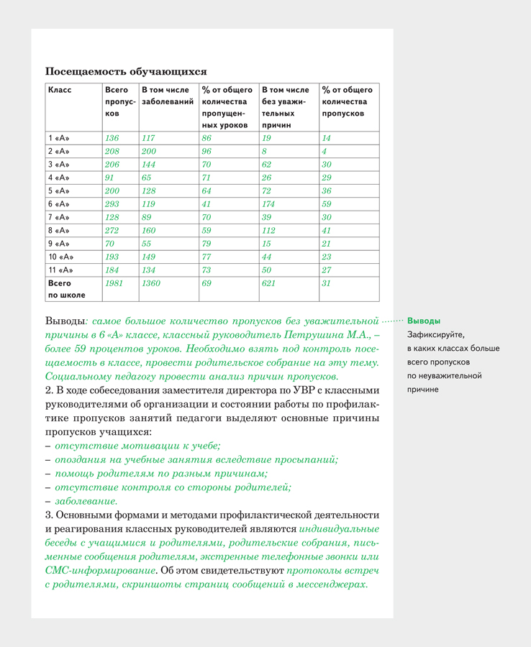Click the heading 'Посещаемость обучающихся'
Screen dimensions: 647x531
pos(126,71)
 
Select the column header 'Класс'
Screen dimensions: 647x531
pos(60,91)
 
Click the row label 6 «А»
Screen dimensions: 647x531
pos(59,204)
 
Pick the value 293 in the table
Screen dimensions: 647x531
pos(112,204)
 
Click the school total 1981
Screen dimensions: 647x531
pos(114,284)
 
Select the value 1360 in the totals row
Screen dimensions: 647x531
pos(152,284)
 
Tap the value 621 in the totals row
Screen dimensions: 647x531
pos(270,284)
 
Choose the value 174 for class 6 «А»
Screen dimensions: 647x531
pos(270,204)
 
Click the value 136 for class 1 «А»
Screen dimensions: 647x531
pos(112,138)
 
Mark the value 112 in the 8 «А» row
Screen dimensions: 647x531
pos(270,231)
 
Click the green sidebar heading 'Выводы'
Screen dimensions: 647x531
pos(424,321)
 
